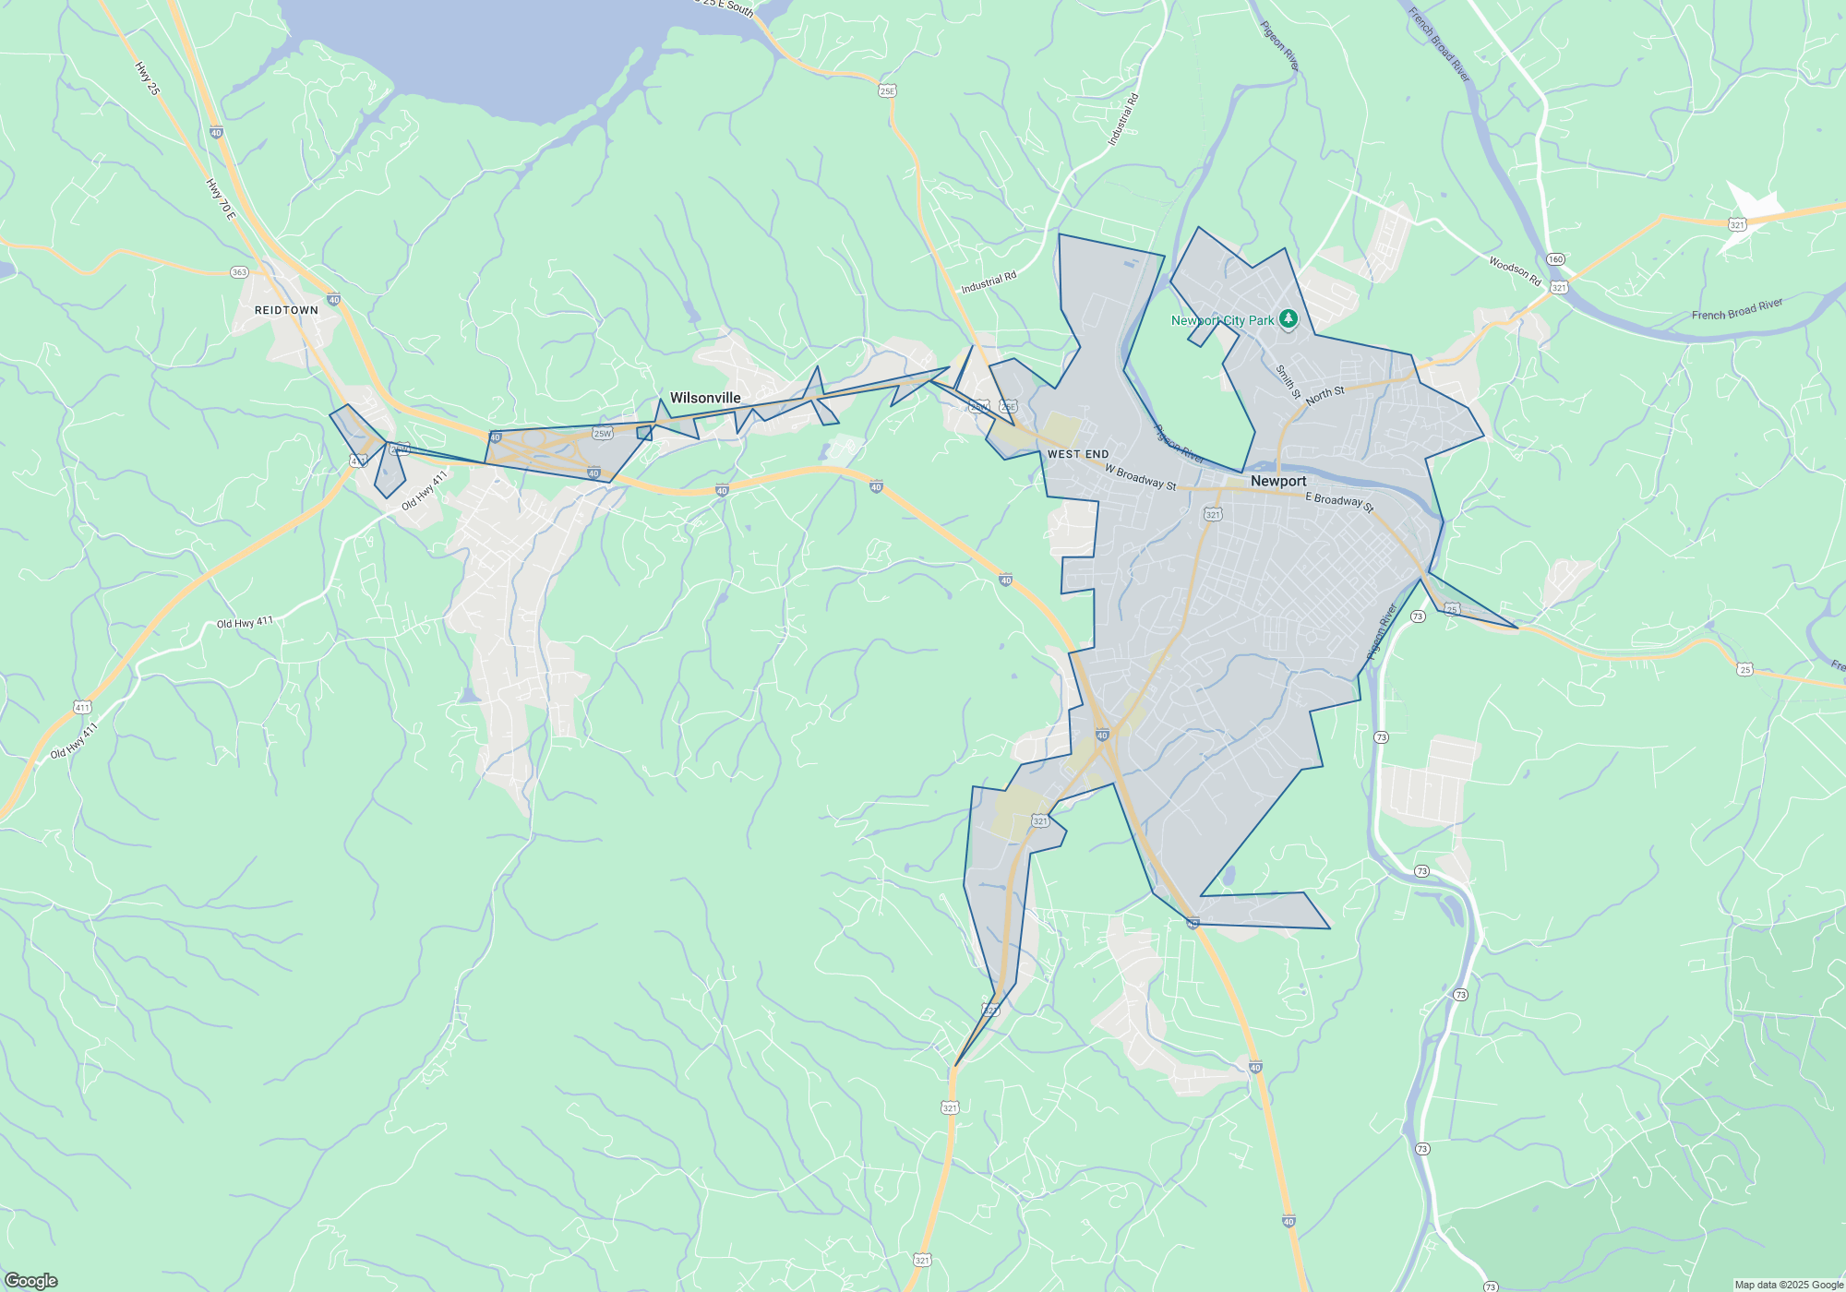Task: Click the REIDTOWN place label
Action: click(x=286, y=310)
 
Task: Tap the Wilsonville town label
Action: click(x=705, y=398)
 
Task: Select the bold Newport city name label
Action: click(x=1278, y=481)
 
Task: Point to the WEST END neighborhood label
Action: click(x=1078, y=454)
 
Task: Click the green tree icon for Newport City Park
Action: click(x=1289, y=319)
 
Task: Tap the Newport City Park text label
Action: click(x=1222, y=320)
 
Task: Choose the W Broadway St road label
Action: click(x=1141, y=477)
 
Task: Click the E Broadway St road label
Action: click(x=1339, y=501)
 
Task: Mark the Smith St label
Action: click(x=1288, y=382)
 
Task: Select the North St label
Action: click(x=1325, y=395)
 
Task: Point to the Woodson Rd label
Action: click(x=1515, y=271)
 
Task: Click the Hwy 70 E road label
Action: click(x=221, y=198)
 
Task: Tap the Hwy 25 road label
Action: click(x=147, y=78)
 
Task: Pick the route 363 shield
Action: click(x=239, y=272)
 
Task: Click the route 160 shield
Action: click(x=1556, y=259)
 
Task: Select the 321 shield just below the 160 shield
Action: click(x=1559, y=288)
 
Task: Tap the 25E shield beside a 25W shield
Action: click(x=1008, y=406)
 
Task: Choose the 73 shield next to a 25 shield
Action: click(x=1418, y=616)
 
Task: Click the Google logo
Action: click(x=31, y=1281)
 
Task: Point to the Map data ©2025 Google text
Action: click(x=1788, y=1285)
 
